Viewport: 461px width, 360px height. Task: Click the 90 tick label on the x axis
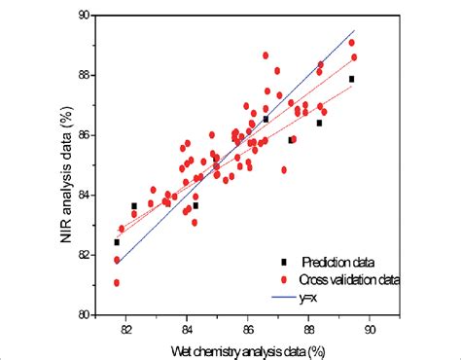(371, 329)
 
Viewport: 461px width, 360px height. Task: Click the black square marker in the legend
(283, 262)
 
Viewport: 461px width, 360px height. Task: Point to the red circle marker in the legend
(283, 279)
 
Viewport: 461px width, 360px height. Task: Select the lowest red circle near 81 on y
(117, 283)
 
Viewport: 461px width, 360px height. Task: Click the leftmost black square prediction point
(117, 242)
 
